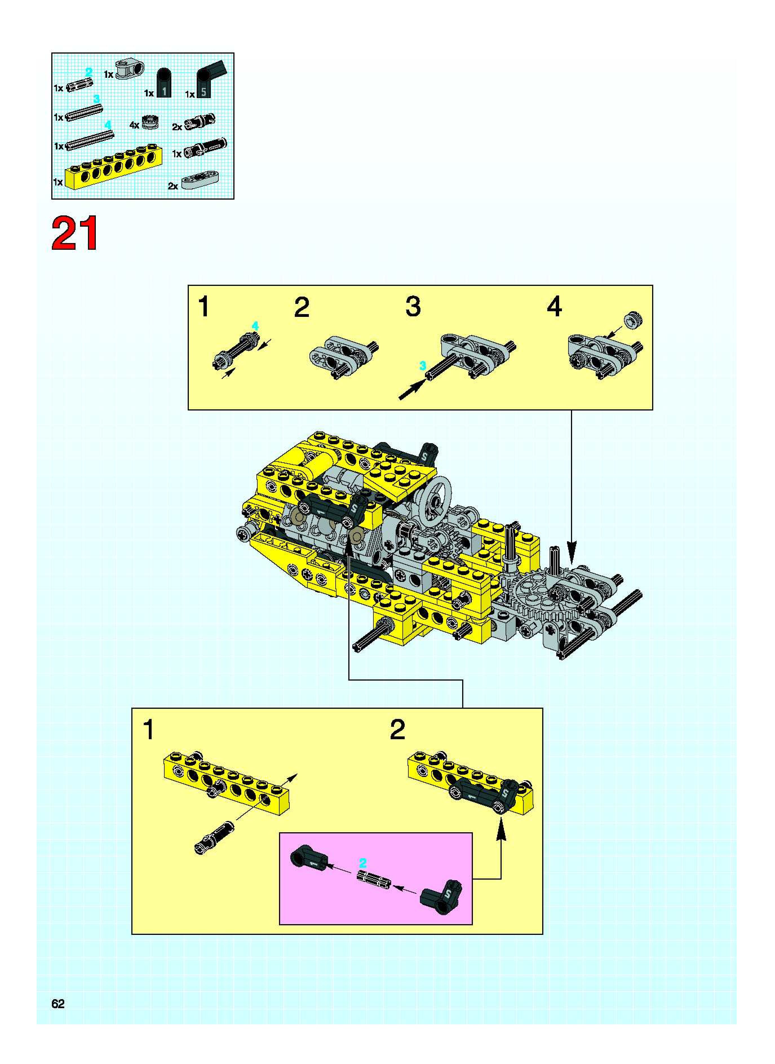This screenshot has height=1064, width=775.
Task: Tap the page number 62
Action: [58, 1003]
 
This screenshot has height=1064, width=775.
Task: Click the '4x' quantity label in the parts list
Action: [134, 125]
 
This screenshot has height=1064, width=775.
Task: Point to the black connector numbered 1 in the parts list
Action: [164, 83]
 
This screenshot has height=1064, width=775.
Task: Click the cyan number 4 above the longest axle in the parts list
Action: [108, 125]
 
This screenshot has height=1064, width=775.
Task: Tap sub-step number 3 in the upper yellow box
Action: [413, 307]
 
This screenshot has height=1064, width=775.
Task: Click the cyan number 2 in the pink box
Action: [362, 863]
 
